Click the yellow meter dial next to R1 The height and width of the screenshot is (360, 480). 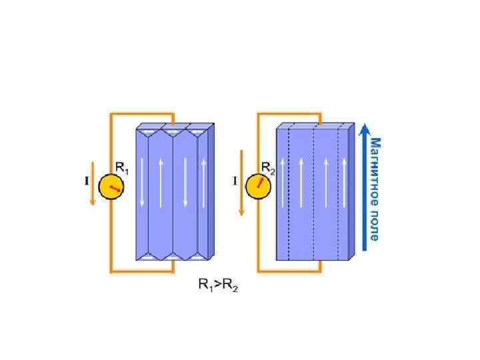click(111, 187)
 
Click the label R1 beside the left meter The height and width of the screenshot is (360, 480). click(122, 168)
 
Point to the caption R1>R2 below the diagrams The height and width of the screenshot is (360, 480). click(218, 285)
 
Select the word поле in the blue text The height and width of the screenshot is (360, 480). click(375, 224)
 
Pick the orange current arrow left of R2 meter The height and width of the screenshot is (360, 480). click(241, 187)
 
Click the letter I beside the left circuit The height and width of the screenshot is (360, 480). click(85, 181)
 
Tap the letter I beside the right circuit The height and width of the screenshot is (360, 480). click(234, 181)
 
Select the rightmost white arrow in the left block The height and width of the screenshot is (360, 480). click(203, 181)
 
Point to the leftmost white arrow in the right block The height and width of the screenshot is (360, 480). click(282, 181)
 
